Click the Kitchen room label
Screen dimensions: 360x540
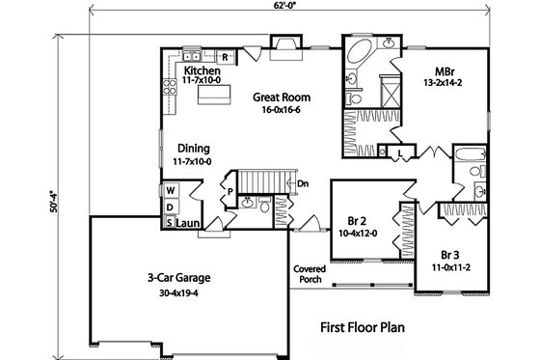(197, 71)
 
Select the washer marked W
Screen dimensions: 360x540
(169, 190)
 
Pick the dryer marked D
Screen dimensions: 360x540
(169, 206)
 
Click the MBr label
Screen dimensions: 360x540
(445, 71)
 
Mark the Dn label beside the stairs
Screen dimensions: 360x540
(301, 182)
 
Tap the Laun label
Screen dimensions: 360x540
(188, 223)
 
